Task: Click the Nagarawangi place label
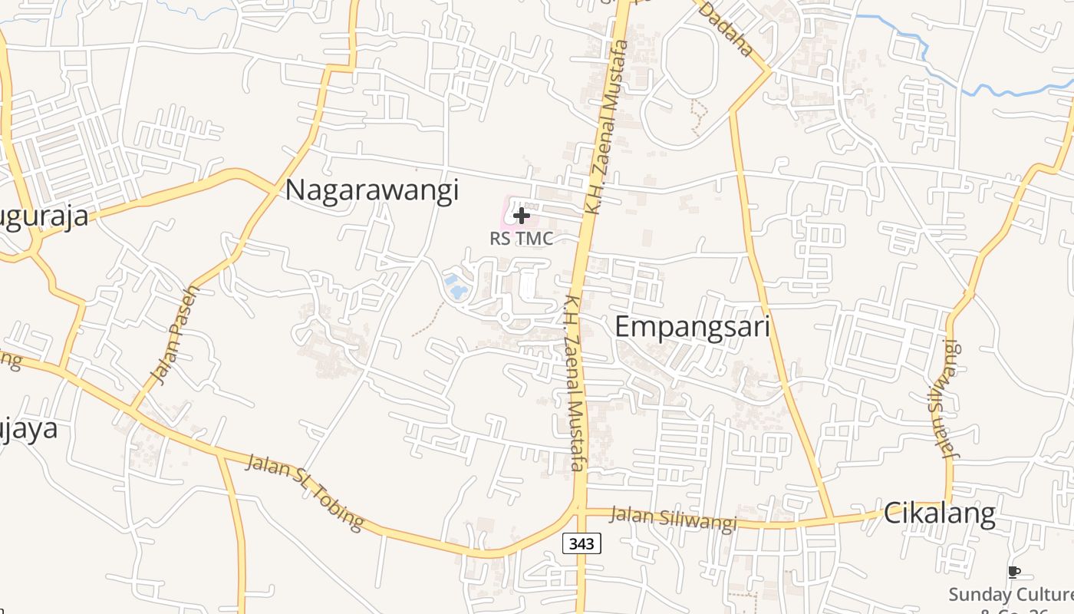coord(372,190)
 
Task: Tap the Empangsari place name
coord(692,327)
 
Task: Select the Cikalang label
coord(939,513)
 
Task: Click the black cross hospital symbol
coord(521,216)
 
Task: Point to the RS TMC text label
coord(521,239)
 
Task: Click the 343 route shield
coord(581,543)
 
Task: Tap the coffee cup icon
coord(1013,572)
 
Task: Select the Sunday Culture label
coord(1010,594)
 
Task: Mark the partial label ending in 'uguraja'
coord(44,217)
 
